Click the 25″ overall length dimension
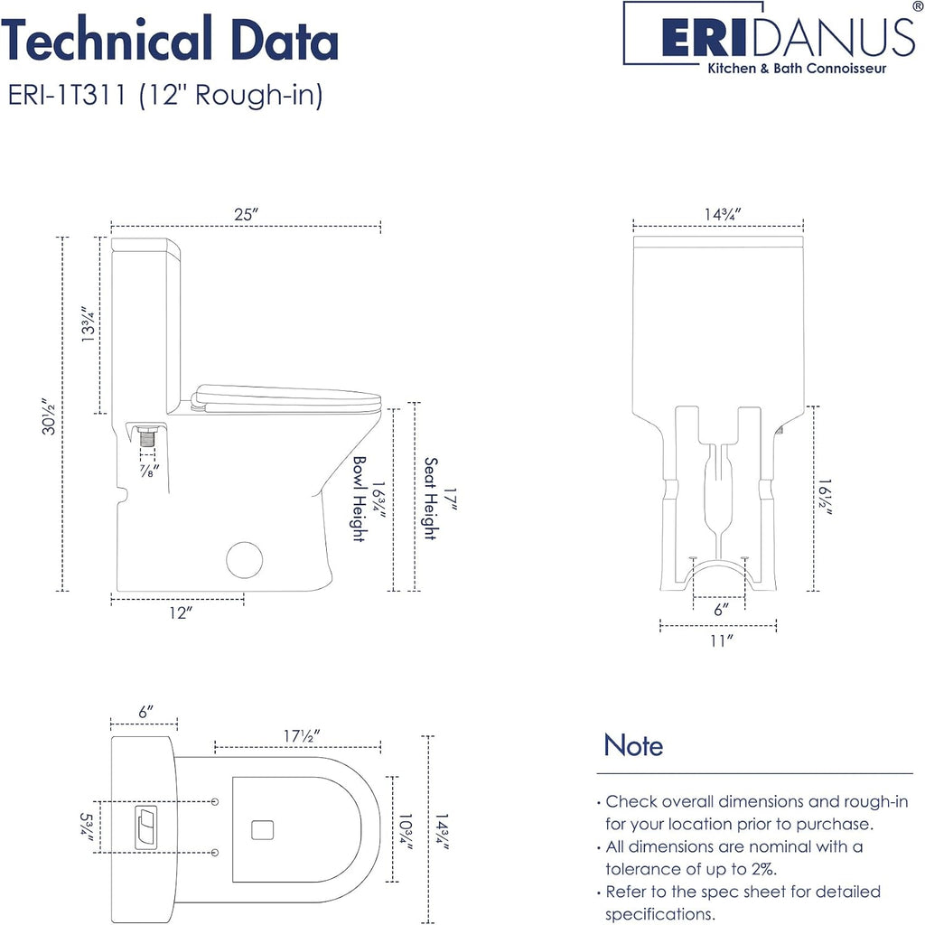point(247,215)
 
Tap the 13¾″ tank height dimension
point(88,324)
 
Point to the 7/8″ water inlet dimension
point(149,471)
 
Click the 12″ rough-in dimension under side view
point(181,613)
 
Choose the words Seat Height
point(431,499)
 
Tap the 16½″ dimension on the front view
point(825,498)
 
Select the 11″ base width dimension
point(722,640)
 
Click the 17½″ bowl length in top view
point(302,736)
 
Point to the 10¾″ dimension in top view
point(406,831)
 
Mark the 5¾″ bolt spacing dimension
point(86,824)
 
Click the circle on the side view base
point(244,560)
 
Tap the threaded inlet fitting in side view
point(147,439)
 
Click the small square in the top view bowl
point(262,830)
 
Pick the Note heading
point(633,745)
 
